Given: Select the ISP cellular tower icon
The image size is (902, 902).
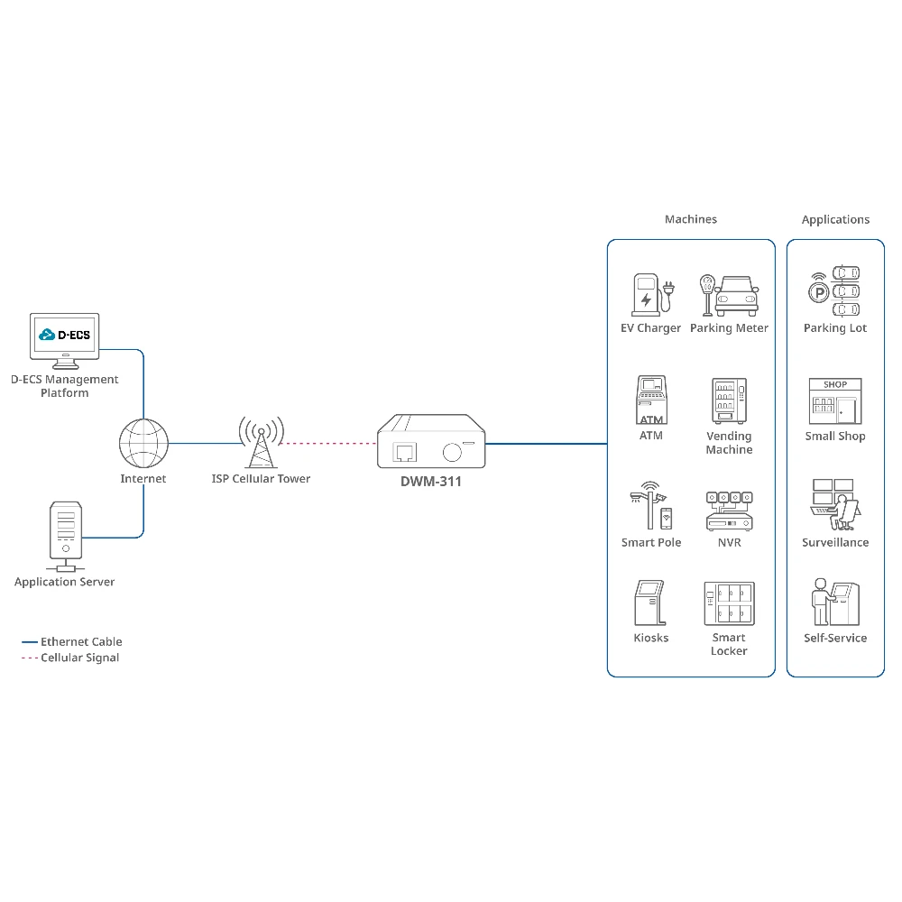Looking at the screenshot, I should pos(261,442).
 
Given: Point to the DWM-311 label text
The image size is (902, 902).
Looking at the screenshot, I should pos(431,482).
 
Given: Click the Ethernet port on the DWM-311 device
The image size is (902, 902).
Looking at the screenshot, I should pos(404,451).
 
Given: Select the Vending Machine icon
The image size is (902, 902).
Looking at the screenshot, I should pos(729,401).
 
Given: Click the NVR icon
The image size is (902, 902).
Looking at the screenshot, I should pos(729,510).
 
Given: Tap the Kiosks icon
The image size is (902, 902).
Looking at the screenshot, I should pos(650,603).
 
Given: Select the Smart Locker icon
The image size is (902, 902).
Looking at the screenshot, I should pos(729,603).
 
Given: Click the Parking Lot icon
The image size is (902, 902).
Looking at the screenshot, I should pos(835,290).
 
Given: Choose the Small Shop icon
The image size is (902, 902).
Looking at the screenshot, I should pos(835,402).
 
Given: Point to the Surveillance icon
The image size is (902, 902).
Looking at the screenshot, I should pos(835,505).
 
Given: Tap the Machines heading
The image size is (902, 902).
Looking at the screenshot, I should pos(691,219).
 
